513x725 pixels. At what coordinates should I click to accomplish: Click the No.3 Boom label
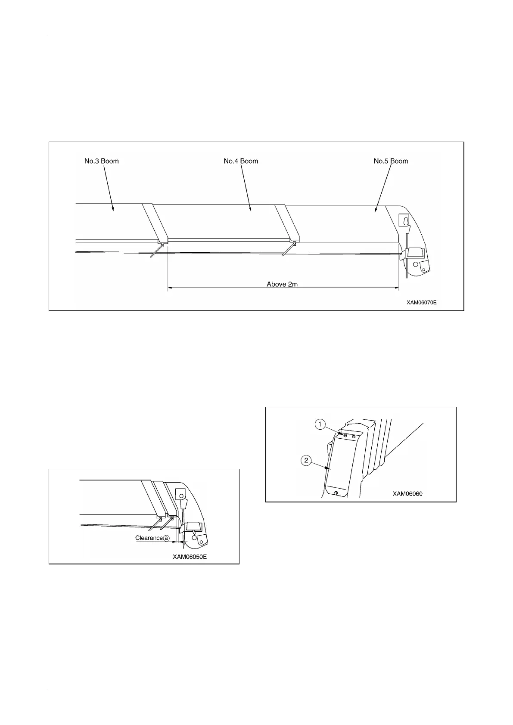(102, 161)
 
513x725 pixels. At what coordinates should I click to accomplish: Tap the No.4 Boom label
(241, 161)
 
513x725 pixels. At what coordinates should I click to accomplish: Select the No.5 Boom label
(391, 161)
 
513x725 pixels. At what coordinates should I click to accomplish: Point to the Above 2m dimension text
(282, 284)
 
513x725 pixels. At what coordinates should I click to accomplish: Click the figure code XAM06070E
(422, 303)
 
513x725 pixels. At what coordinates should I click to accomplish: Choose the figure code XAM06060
(407, 493)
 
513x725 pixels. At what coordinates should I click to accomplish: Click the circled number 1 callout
(320, 425)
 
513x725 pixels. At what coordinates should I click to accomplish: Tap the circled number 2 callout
(306, 461)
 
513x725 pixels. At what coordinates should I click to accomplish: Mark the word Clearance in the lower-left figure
(149, 538)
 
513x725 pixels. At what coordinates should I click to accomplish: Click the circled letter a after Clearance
(166, 538)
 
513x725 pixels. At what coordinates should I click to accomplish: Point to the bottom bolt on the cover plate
(336, 493)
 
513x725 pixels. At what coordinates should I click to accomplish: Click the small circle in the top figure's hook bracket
(416, 264)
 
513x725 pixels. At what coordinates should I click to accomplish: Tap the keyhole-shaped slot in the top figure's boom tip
(405, 220)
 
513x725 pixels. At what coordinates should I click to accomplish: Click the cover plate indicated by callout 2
(342, 465)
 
